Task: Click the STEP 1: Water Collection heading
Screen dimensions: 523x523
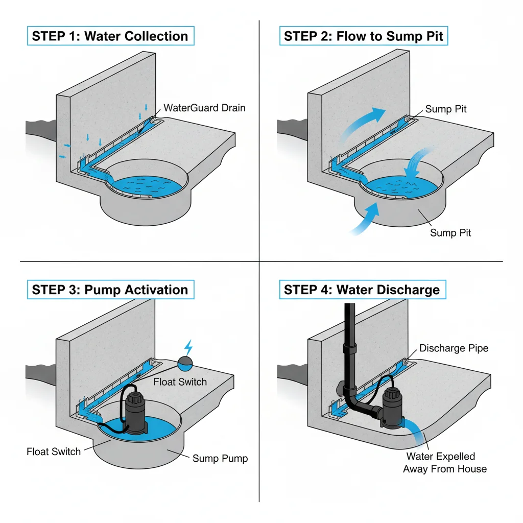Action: (x=110, y=36)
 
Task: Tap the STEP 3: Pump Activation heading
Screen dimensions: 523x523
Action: (x=110, y=290)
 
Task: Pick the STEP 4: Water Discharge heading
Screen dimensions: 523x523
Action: (x=362, y=290)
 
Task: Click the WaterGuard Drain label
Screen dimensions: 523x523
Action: (x=204, y=108)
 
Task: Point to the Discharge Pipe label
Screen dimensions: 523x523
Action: (x=454, y=348)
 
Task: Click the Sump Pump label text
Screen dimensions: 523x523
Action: (x=220, y=458)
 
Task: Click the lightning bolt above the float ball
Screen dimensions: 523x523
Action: (x=188, y=348)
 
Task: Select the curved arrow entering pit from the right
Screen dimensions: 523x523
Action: (x=416, y=161)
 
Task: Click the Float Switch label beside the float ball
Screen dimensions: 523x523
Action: (x=179, y=382)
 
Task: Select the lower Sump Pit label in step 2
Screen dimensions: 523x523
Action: (x=450, y=233)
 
